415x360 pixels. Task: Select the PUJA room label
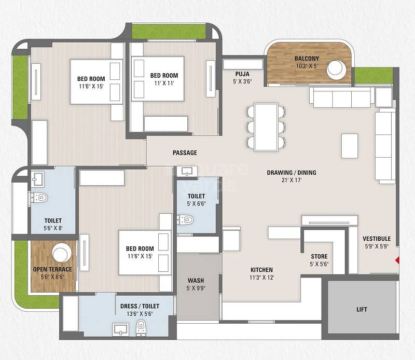[242, 74]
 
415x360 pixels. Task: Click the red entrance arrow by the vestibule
[398, 260]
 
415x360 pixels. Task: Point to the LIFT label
[362, 310]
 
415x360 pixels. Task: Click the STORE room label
[319, 256]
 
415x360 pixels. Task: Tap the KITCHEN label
[261, 270]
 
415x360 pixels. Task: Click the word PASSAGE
[185, 153]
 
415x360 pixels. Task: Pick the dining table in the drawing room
[266, 126]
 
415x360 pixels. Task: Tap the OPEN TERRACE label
[52, 269]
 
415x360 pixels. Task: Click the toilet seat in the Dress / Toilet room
[140, 328]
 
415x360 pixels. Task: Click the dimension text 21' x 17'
[291, 181]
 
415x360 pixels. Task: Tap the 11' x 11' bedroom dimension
[164, 83]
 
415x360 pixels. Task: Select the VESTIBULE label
[377, 239]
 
